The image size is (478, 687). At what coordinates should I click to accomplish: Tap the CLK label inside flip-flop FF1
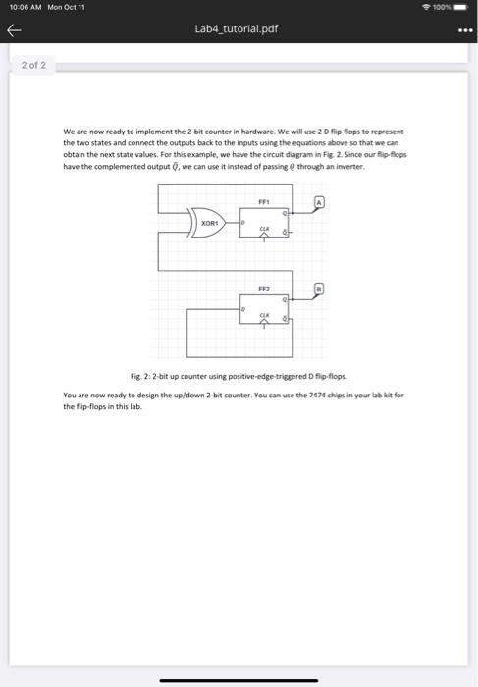(x=263, y=229)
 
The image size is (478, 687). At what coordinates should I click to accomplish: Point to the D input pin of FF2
(x=244, y=309)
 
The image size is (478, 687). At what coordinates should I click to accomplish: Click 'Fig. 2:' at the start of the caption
(x=141, y=377)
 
